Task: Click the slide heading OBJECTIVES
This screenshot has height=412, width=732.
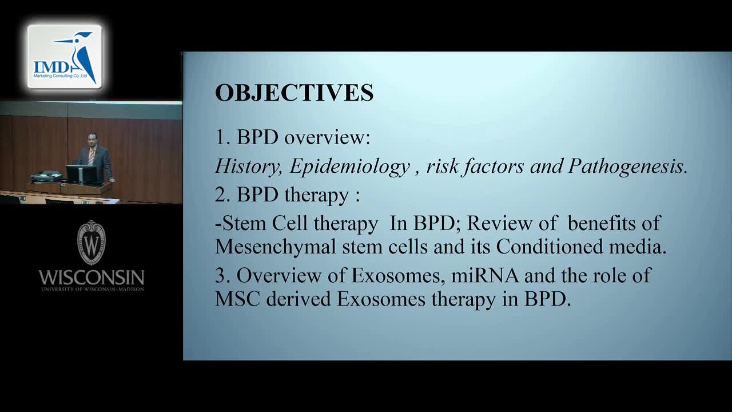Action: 294,93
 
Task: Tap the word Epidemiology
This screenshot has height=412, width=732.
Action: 349,167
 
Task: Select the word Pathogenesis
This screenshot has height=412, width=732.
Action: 626,167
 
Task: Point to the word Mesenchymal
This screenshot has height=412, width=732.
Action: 276,247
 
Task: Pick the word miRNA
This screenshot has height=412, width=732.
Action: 485,275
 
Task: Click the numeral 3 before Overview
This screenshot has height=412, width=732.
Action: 221,275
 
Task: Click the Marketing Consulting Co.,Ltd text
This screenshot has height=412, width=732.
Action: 60,76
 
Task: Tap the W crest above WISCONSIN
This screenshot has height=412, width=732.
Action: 91,242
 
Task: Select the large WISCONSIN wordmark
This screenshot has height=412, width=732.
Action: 91,278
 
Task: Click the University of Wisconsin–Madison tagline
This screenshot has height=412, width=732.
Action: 93,289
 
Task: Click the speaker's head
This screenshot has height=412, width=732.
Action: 93,140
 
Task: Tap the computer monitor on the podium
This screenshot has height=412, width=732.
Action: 82,175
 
